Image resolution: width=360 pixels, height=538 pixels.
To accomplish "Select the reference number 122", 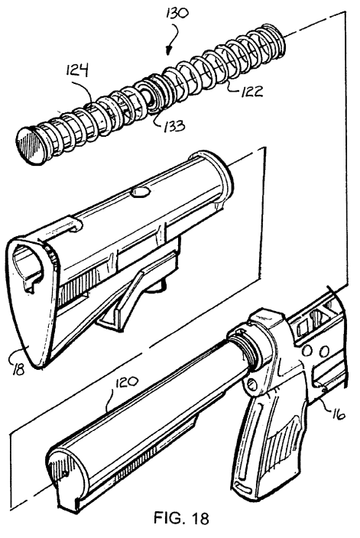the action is click(251, 91).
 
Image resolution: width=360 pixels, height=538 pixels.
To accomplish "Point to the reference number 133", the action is click(174, 125).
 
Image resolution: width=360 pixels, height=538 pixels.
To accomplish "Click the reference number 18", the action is click(18, 370).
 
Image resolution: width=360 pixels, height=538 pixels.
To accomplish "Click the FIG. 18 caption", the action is click(181, 517).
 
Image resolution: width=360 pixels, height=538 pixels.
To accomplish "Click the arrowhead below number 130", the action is click(168, 51).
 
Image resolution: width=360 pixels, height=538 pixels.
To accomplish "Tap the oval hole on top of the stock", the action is click(141, 193).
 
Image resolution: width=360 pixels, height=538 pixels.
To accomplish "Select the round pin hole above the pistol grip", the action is click(252, 385).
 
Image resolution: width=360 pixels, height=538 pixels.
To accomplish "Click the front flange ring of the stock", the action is click(216, 178).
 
